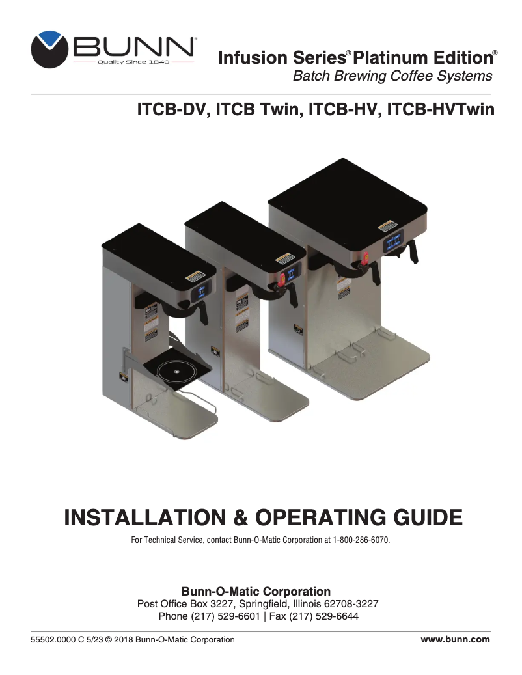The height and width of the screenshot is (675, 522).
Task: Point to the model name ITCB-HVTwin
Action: tap(441, 109)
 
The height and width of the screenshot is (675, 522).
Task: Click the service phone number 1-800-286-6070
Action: tap(361, 541)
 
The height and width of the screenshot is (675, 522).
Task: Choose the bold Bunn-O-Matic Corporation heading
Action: tap(256, 592)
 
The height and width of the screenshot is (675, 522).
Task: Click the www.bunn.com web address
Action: tap(455, 640)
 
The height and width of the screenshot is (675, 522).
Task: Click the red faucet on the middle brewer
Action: tap(282, 281)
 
